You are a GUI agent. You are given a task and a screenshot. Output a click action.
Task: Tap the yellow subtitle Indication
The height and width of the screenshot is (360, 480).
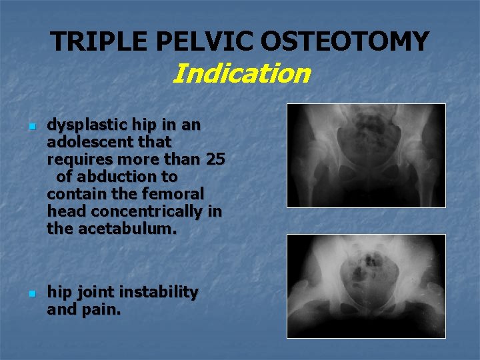[241, 73]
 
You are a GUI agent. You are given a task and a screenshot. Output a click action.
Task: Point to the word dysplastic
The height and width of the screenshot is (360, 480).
[83, 125]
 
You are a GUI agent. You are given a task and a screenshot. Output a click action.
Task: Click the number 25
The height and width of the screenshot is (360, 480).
[215, 159]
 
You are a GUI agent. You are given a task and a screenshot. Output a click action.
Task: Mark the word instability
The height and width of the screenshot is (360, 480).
[159, 292]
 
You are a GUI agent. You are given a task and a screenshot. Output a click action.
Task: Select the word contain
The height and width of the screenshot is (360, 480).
[74, 194]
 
